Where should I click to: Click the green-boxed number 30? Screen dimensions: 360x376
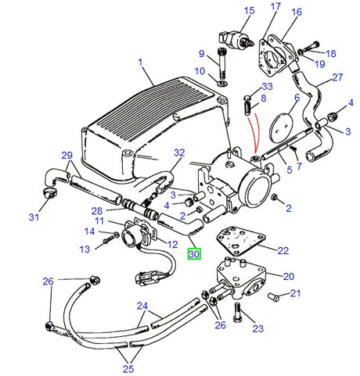[x=194, y=254]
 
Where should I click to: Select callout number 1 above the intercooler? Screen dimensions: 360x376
[x=140, y=63]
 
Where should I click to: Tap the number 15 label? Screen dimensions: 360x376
[x=249, y=11]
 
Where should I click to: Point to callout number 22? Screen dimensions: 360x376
[x=283, y=250]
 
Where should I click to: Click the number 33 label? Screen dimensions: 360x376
[x=267, y=86]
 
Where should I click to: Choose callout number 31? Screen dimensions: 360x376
[x=34, y=217]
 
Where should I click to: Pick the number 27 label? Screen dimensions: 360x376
[x=337, y=77]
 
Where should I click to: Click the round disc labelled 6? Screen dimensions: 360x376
[x=281, y=127]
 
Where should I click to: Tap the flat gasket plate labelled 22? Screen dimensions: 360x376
[x=240, y=241]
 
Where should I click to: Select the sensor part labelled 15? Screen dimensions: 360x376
[x=236, y=40]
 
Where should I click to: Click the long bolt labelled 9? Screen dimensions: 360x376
[x=221, y=63]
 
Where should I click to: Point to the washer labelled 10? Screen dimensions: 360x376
[x=222, y=84]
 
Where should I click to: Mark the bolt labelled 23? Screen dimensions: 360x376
[x=237, y=313]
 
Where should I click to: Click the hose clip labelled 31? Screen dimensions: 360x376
[x=50, y=192]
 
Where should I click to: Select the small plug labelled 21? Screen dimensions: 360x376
[x=274, y=297]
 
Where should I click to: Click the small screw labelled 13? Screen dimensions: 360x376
[x=108, y=240]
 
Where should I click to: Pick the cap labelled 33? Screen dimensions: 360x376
[x=247, y=98]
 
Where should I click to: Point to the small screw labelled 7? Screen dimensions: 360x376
[x=293, y=149]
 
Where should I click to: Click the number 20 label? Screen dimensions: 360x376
[x=289, y=276]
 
